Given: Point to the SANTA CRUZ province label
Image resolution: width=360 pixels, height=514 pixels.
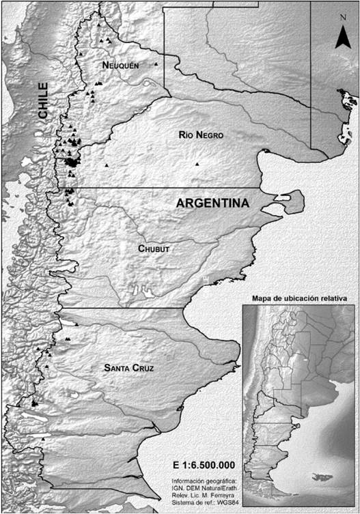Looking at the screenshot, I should coord(128,369).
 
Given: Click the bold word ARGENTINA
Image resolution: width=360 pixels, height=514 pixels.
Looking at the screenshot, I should coord(212,203).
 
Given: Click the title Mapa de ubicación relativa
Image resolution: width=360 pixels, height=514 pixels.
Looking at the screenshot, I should coord(299,298).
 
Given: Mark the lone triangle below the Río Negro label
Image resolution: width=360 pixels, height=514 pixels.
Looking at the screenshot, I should coord(197,164).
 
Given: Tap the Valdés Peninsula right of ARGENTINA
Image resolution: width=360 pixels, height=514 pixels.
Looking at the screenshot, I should coord(288,203).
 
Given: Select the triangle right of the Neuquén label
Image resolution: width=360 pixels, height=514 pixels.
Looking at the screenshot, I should coord(156,64).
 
